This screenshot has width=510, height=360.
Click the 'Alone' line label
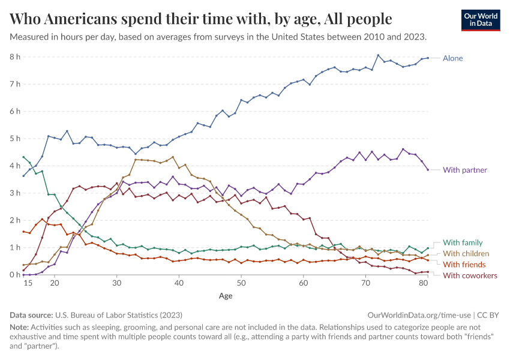(452, 58)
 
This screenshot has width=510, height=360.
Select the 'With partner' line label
(464, 170)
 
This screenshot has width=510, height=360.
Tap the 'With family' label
(462, 242)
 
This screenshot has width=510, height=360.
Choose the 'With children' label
(466, 254)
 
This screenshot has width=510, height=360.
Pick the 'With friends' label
(464, 265)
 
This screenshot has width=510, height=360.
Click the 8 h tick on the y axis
(15, 56)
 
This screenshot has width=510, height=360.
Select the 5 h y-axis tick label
(15, 139)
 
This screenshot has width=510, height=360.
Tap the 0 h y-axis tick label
(15, 275)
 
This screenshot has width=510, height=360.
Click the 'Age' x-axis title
(226, 296)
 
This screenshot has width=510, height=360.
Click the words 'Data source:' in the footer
(31, 314)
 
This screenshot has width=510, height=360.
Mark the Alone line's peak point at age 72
(378, 55)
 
